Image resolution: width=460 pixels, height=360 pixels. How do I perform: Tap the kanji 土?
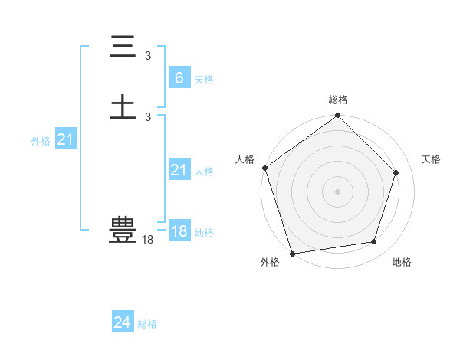[x=123, y=105]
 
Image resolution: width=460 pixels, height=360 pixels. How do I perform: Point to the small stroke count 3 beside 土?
[x=148, y=116]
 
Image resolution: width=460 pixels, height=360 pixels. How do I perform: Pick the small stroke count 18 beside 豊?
[x=147, y=240]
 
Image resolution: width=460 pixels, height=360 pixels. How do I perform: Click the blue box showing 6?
[x=179, y=77]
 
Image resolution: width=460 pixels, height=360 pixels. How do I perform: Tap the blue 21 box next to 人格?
[x=179, y=170]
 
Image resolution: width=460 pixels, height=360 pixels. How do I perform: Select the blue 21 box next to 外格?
[x=65, y=139]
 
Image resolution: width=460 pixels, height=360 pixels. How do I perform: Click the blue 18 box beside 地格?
[x=179, y=231]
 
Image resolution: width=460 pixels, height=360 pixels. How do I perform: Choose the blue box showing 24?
[x=122, y=322]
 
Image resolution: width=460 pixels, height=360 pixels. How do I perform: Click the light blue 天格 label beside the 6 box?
[x=204, y=79]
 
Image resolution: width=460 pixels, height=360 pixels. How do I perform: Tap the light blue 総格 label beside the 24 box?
[x=147, y=324]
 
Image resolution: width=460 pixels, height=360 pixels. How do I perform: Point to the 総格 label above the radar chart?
[x=338, y=100]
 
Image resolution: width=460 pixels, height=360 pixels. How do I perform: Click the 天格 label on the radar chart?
[x=431, y=159]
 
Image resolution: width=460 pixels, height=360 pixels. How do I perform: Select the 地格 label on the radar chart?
[x=402, y=262]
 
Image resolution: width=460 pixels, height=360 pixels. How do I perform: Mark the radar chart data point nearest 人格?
[x=265, y=168]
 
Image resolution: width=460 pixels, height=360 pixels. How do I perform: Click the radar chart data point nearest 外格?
[x=292, y=252]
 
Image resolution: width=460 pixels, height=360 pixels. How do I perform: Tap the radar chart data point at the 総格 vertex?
[x=338, y=116]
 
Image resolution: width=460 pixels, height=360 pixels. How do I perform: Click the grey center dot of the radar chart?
[x=337, y=191]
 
